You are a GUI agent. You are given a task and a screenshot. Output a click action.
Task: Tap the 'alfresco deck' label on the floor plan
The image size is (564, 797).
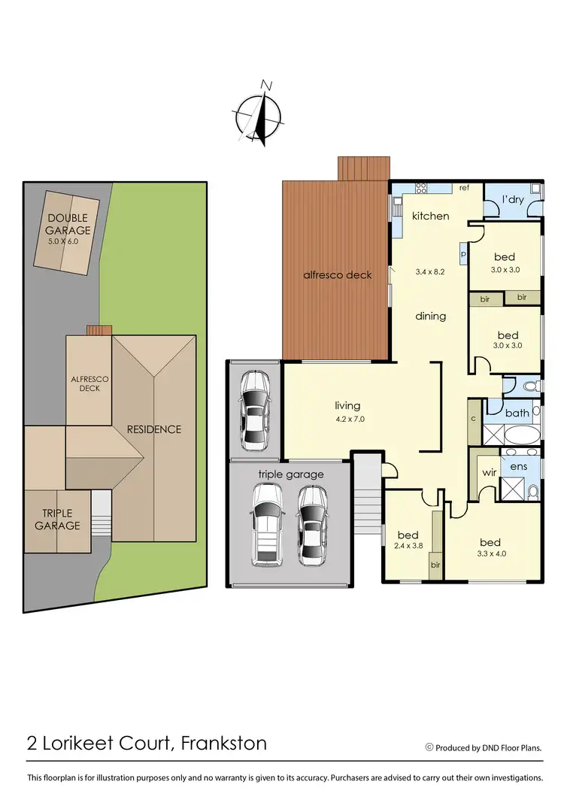click(338, 275)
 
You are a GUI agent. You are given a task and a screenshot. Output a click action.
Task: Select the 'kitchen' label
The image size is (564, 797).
click(430, 217)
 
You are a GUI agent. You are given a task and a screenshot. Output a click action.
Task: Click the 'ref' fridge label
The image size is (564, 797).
click(464, 188)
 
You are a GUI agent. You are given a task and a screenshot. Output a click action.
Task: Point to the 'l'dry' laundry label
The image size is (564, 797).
click(513, 200)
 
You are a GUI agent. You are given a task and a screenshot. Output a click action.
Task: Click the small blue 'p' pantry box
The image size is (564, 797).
click(463, 254)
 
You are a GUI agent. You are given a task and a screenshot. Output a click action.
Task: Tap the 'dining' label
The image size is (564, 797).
click(431, 317)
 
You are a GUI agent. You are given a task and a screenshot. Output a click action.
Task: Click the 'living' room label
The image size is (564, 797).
click(348, 406)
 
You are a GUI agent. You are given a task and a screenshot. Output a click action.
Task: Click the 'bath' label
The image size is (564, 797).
click(517, 414)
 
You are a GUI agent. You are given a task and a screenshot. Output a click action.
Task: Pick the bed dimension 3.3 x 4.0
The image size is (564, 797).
click(490, 554)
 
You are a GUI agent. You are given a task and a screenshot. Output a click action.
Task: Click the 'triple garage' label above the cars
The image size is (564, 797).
click(290, 474)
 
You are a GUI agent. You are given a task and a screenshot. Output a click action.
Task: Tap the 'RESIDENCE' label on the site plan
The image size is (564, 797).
click(153, 429)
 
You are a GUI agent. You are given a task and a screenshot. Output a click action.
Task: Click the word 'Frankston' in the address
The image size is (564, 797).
click(224, 744)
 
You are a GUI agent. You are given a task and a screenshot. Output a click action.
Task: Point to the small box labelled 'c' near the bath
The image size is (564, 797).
click(474, 418)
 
